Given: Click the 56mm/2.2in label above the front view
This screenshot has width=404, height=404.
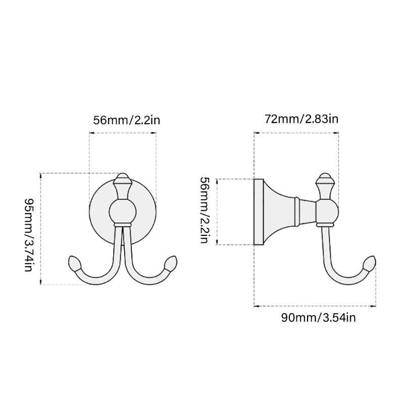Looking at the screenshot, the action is pos(127,120).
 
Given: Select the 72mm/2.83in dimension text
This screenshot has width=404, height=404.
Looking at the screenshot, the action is pos(301,119).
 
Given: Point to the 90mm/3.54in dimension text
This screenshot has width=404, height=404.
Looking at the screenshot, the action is pos(318,318).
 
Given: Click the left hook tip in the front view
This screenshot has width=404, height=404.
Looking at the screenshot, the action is pos(74,263).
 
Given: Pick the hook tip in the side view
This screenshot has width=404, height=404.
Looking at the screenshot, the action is pos(370,263).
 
